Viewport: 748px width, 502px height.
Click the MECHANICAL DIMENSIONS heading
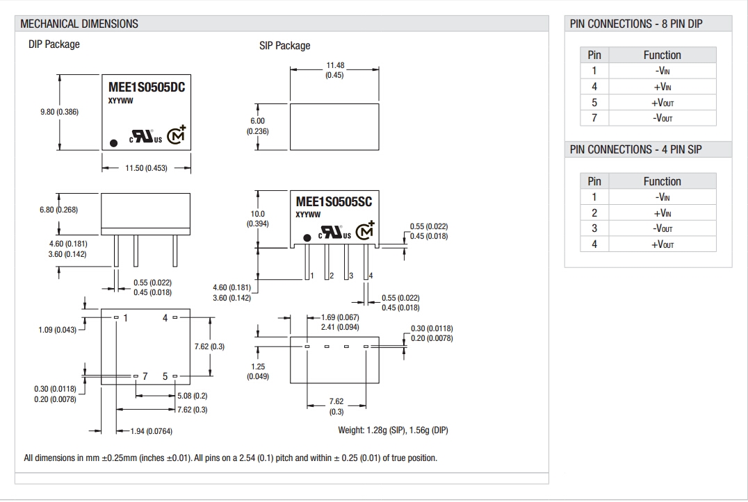(x=79, y=24)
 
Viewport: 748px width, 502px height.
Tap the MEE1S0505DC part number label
(x=147, y=87)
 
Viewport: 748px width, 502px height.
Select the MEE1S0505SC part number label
(x=334, y=202)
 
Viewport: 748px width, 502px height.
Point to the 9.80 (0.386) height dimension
(x=60, y=112)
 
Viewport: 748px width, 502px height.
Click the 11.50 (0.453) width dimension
(x=146, y=168)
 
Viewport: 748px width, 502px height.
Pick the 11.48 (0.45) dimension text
(x=335, y=70)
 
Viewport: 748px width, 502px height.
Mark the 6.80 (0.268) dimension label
(x=58, y=210)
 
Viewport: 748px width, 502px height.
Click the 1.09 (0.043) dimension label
(x=57, y=330)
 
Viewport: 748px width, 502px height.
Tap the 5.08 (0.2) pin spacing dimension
(x=193, y=396)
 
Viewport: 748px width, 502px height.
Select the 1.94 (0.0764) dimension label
(x=152, y=431)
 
